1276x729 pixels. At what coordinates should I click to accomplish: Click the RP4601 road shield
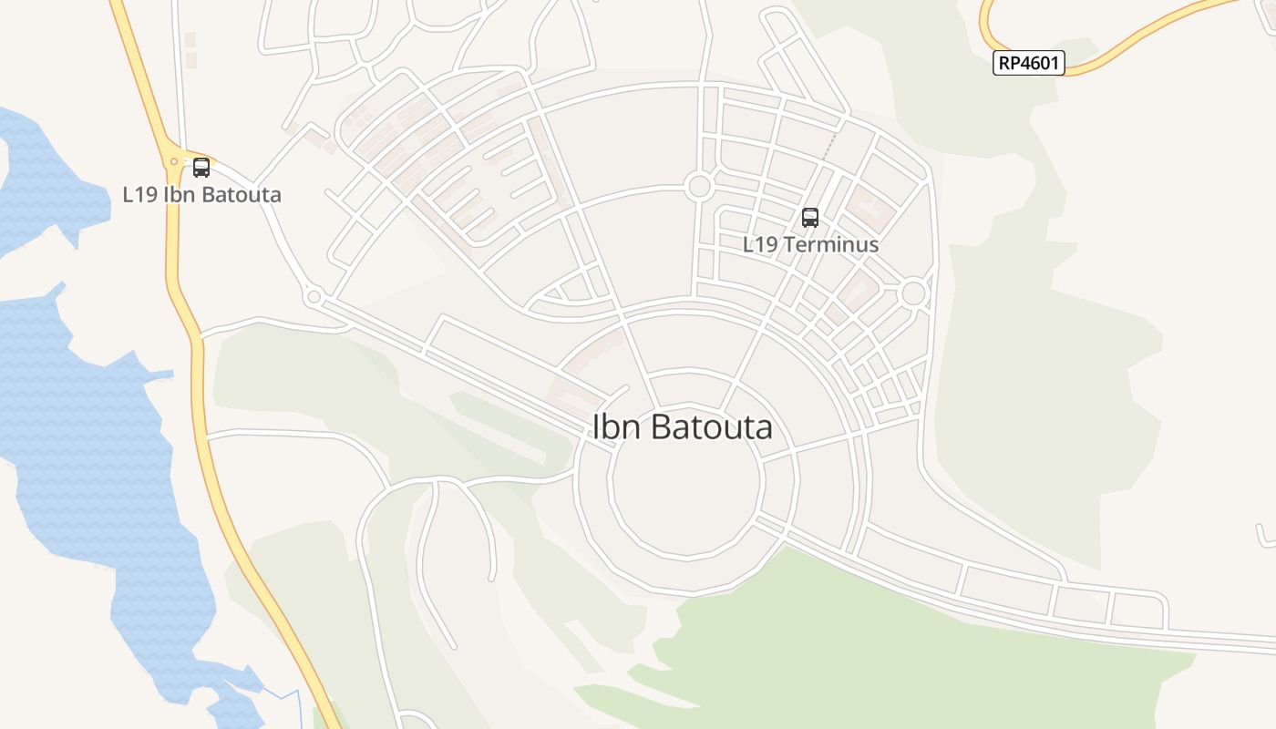pyautogui.click(x=1028, y=63)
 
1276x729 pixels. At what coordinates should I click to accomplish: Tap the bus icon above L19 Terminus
pyautogui.click(x=809, y=218)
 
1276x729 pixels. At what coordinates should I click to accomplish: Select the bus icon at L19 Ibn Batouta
pyautogui.click(x=201, y=168)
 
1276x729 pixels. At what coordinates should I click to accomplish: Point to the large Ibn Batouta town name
pyautogui.click(x=683, y=427)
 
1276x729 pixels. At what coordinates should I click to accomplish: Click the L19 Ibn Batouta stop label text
pyautogui.click(x=201, y=194)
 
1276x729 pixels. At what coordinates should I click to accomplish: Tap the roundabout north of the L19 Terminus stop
pyautogui.click(x=699, y=187)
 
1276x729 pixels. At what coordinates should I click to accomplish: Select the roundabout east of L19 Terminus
pyautogui.click(x=913, y=293)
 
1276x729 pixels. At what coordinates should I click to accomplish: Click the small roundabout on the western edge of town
pyautogui.click(x=314, y=297)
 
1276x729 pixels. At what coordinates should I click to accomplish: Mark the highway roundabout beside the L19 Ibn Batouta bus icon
pyautogui.click(x=173, y=163)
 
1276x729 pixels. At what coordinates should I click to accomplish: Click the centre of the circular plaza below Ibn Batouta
pyautogui.click(x=685, y=497)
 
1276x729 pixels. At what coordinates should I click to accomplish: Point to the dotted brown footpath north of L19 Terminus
pyautogui.click(x=829, y=146)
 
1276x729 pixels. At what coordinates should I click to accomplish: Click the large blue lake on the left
pyautogui.click(x=82, y=437)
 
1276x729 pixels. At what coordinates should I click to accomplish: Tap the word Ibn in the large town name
pyautogui.click(x=613, y=427)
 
